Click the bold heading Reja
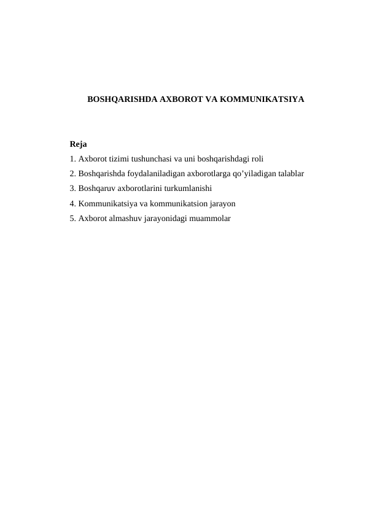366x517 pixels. (78, 145)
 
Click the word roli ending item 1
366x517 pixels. (256, 159)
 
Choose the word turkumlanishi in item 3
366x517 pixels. (188, 189)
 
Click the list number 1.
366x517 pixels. (72, 159)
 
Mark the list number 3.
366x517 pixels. (72, 189)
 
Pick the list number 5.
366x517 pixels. (72, 218)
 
